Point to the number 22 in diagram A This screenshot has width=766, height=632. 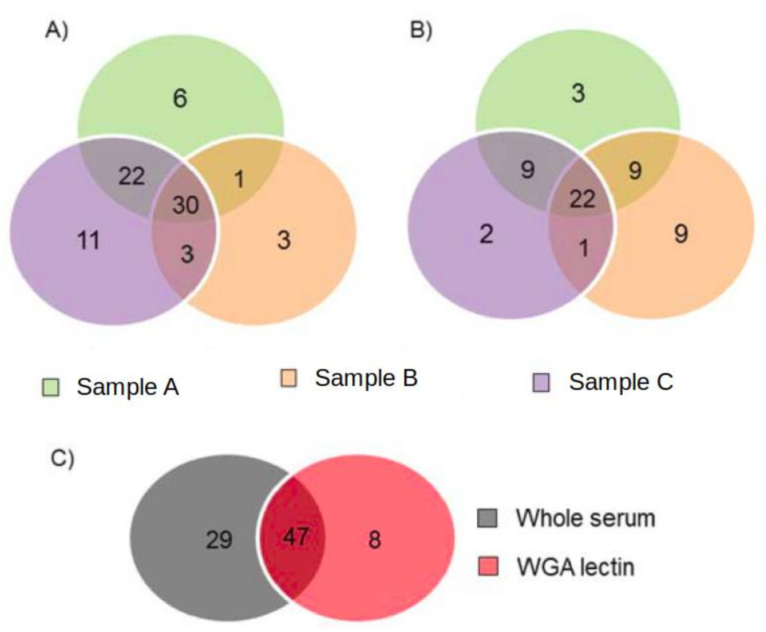pos(132,176)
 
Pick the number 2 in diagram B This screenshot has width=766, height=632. pos(486,234)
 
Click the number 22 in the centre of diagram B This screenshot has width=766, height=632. pos(582,199)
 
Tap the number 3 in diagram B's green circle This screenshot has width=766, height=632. pos(578,93)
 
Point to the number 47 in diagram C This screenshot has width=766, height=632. pos(295,536)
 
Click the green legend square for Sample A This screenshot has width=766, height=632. pos(50,387)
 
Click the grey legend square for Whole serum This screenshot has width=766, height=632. pos(487,518)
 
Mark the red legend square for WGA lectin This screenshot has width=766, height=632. pos(488,566)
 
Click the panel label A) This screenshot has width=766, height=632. pos(56,30)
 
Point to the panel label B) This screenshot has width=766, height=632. pos(421,30)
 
